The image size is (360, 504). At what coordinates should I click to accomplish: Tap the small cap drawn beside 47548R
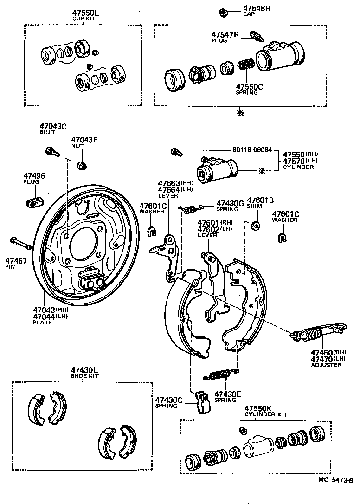[223, 12]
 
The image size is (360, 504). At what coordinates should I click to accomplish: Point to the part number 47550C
[249, 86]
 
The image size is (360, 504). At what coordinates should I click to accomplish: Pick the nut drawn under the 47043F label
[82, 164]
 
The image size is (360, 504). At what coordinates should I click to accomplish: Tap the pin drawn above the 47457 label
[20, 243]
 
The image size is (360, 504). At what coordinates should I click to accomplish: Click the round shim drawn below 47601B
[255, 226]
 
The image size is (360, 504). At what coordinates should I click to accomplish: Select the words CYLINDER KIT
[266, 414]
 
